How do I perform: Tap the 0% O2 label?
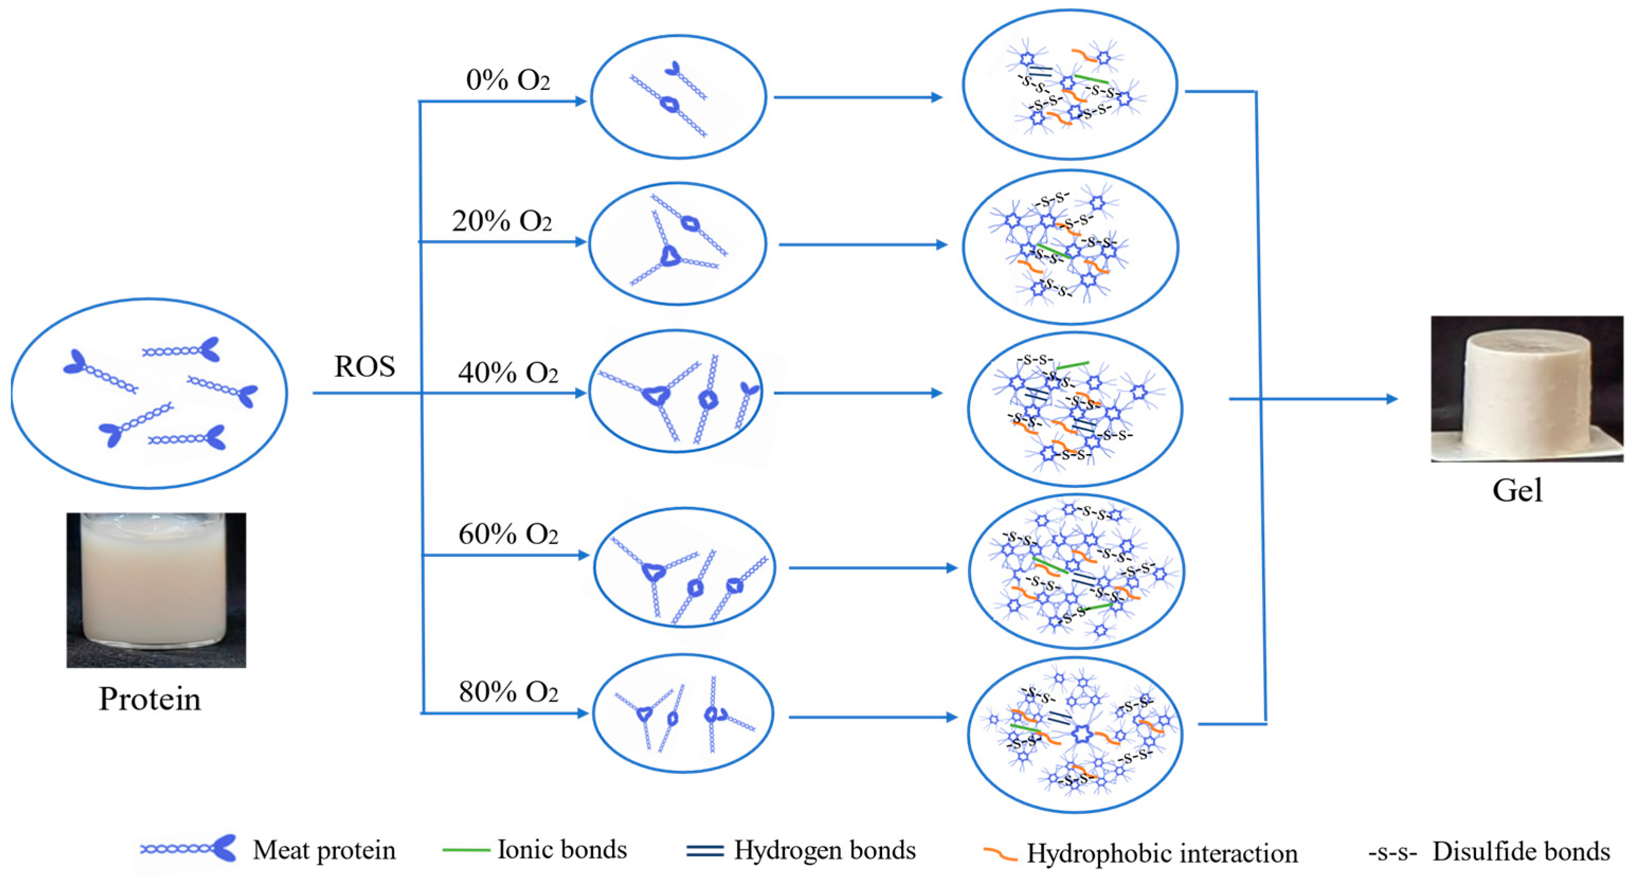coord(507,80)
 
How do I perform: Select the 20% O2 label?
coord(502,221)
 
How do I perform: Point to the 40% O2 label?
coord(507,373)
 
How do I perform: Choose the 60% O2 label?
coord(507,535)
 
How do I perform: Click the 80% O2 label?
coord(508,692)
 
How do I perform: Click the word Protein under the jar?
coord(150,699)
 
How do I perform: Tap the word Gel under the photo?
coord(1517,491)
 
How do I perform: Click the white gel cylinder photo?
coord(1526,389)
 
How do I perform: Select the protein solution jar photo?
coord(156,590)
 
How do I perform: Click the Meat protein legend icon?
coord(188,849)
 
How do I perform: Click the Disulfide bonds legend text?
coord(1520,852)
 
